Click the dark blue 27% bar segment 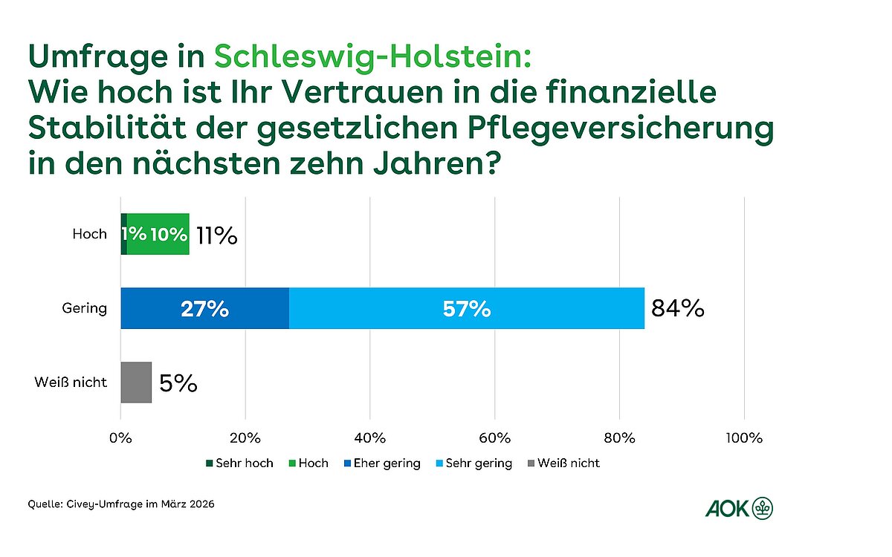[204, 308]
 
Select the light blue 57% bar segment [466, 308]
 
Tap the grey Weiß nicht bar [136, 382]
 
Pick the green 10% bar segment [168, 235]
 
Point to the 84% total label [677, 308]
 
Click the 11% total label [216, 235]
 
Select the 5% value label [178, 383]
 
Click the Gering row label [85, 308]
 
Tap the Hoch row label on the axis [89, 235]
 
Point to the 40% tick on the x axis [370, 437]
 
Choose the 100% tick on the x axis [744, 437]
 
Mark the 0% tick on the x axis [120, 437]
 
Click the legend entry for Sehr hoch [239, 463]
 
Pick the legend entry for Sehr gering [473, 463]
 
